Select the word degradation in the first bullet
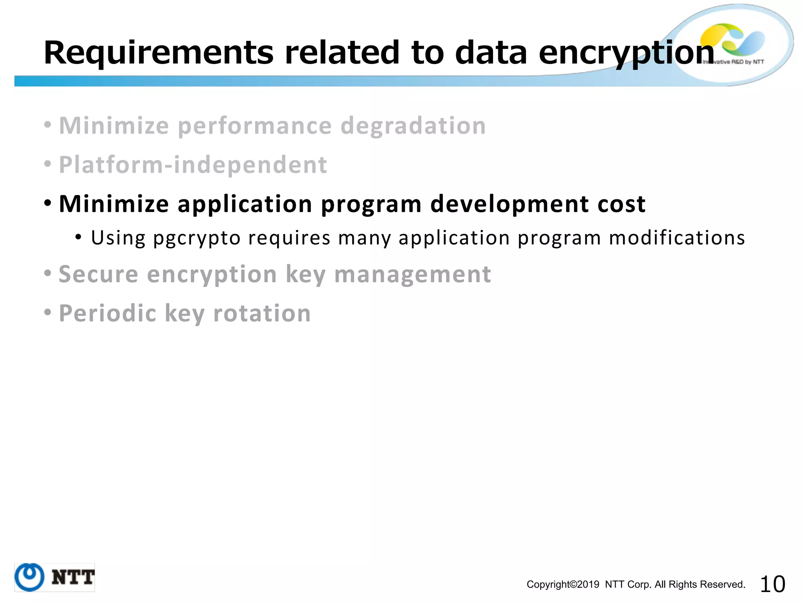tap(413, 126)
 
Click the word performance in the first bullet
tap(255, 127)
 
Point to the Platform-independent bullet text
tap(193, 165)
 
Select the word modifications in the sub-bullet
tap(677, 238)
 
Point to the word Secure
tap(98, 274)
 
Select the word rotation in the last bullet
tap(262, 314)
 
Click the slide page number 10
tap(772, 584)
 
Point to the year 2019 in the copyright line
tap(588, 585)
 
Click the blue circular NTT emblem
tap(29, 577)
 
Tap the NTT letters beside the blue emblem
tap(73, 577)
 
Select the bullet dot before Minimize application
tap(48, 204)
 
